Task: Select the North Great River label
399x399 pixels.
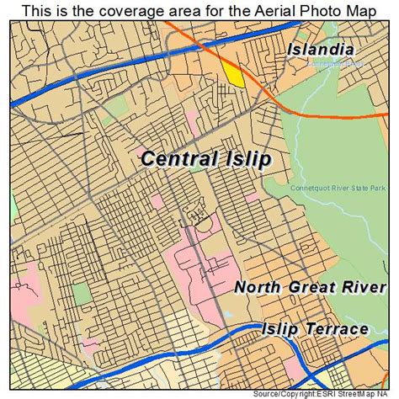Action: [310, 286]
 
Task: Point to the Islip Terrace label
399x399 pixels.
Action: [315, 328]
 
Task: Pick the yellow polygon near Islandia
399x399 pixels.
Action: [232, 74]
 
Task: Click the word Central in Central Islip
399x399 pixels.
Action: [178, 158]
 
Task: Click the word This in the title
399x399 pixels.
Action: [42, 9]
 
